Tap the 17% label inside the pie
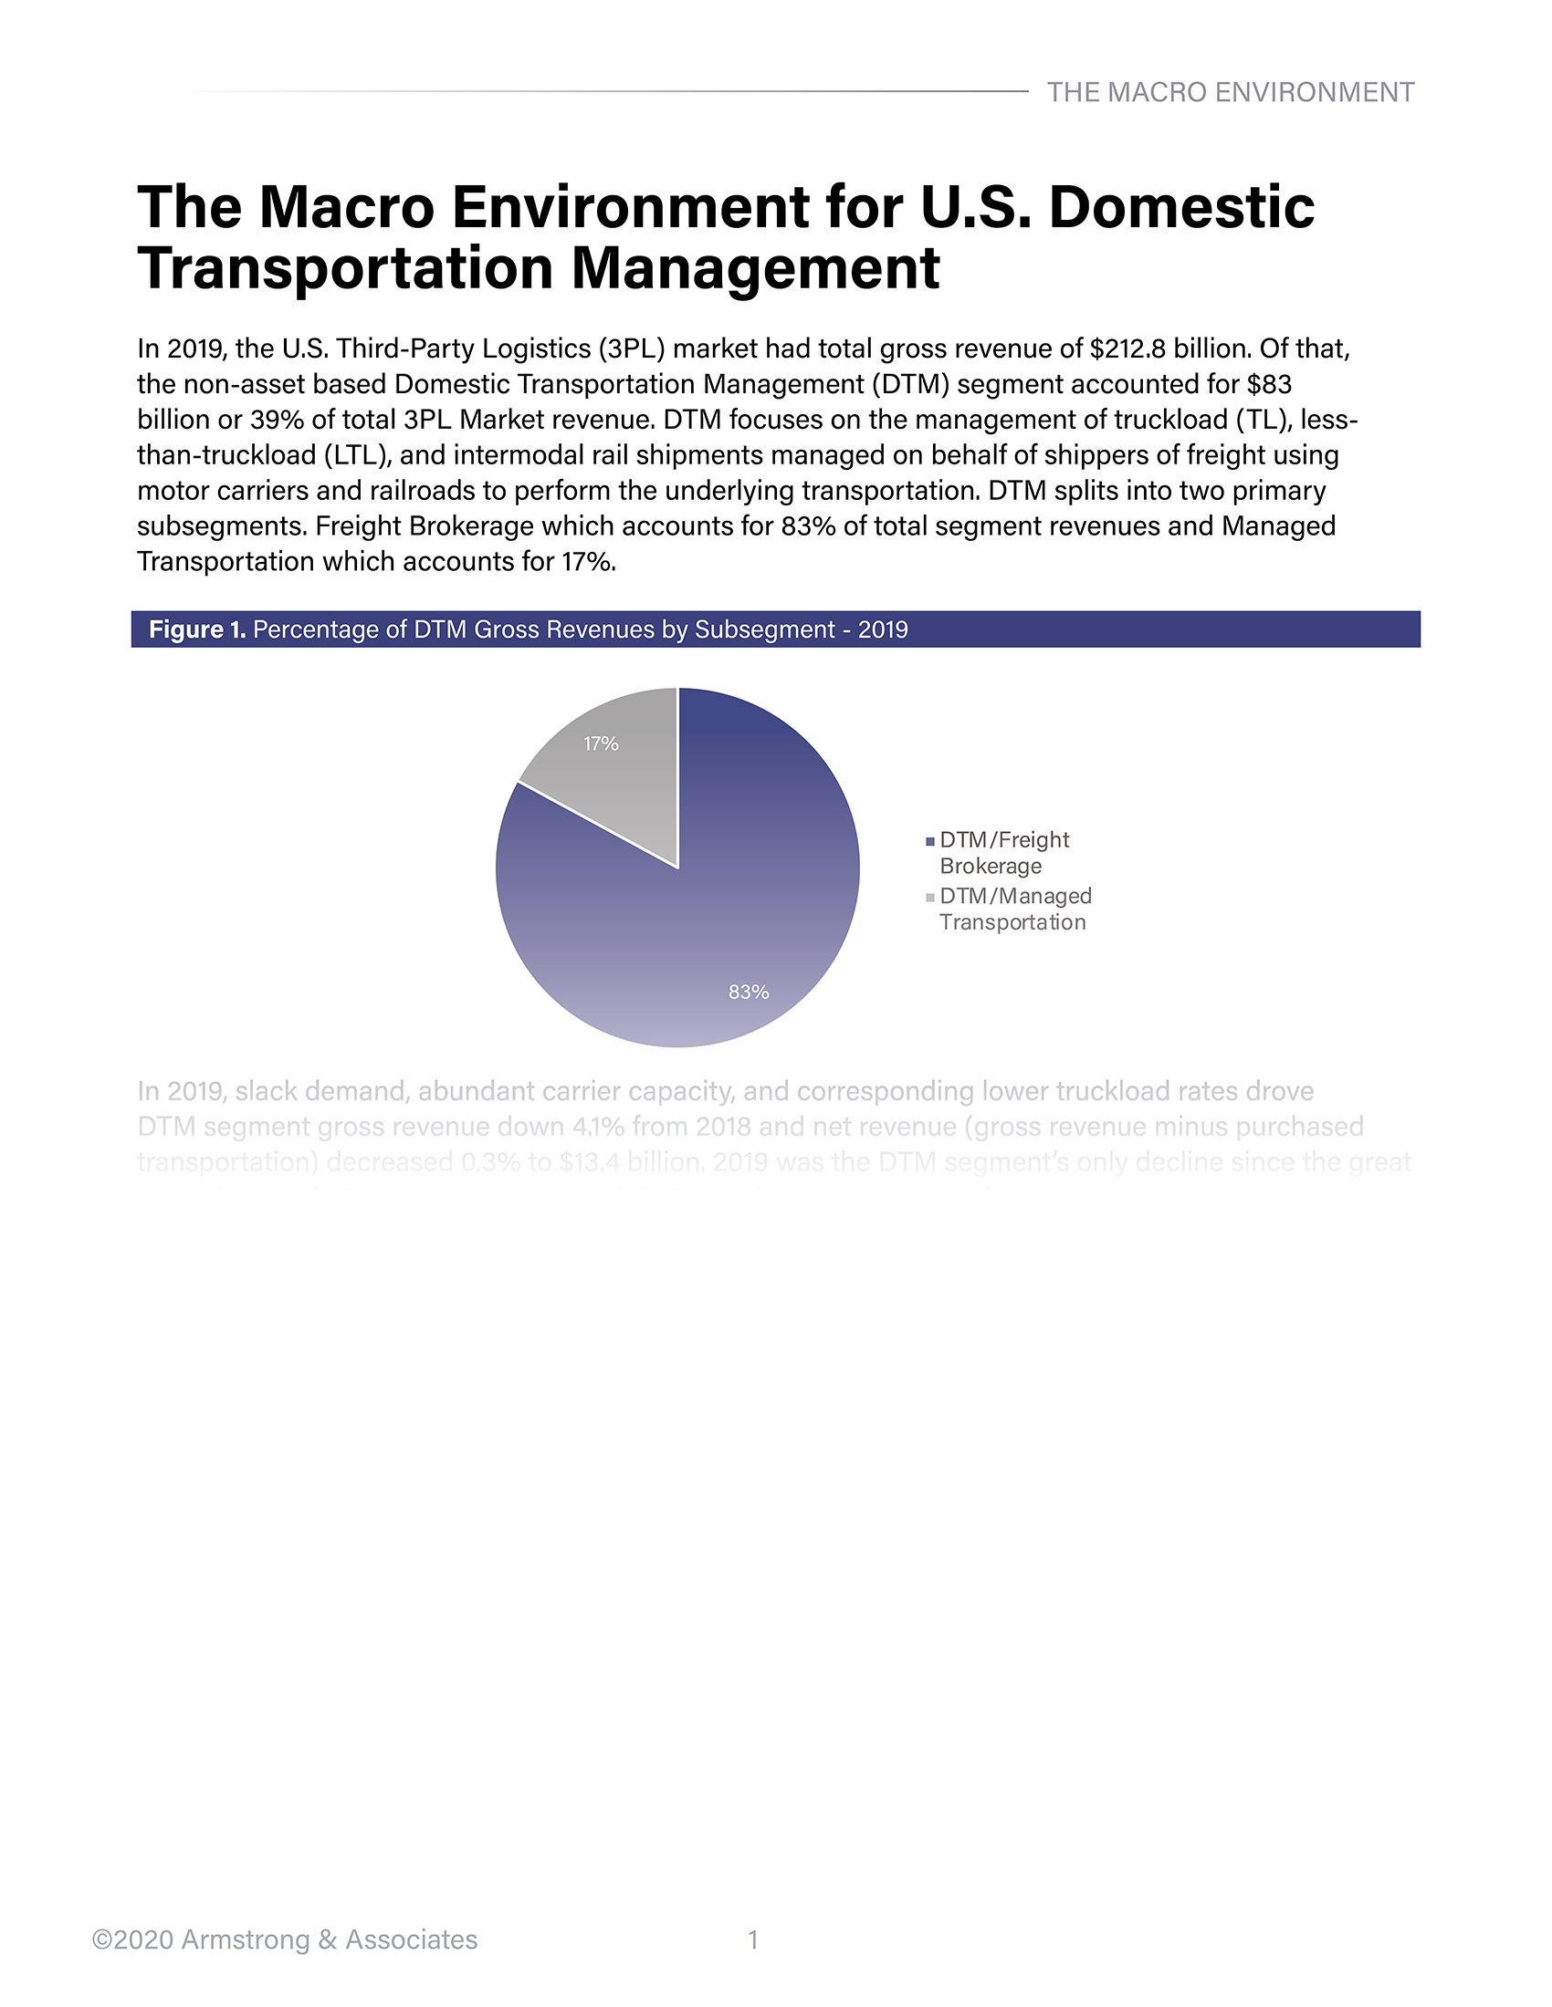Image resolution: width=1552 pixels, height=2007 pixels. coord(601,744)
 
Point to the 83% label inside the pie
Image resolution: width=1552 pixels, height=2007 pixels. coord(749,992)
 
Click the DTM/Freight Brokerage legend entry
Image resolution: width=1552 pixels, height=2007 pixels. coord(1004,853)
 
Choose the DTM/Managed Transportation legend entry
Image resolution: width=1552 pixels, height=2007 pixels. coord(1015,909)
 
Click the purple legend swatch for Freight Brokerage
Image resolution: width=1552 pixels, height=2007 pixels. coord(930,841)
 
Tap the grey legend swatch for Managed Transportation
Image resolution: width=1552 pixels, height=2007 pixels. coord(930,897)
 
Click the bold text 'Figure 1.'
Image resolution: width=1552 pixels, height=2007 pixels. coord(197,629)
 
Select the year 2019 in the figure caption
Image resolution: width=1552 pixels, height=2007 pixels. coord(883,629)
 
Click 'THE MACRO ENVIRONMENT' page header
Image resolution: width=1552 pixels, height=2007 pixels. coord(1231,92)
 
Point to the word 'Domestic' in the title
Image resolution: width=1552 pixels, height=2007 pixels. coord(1181,207)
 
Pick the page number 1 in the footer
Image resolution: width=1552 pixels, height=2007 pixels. coord(753,1939)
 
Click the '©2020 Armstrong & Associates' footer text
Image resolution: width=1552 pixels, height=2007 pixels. coord(285,1939)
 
